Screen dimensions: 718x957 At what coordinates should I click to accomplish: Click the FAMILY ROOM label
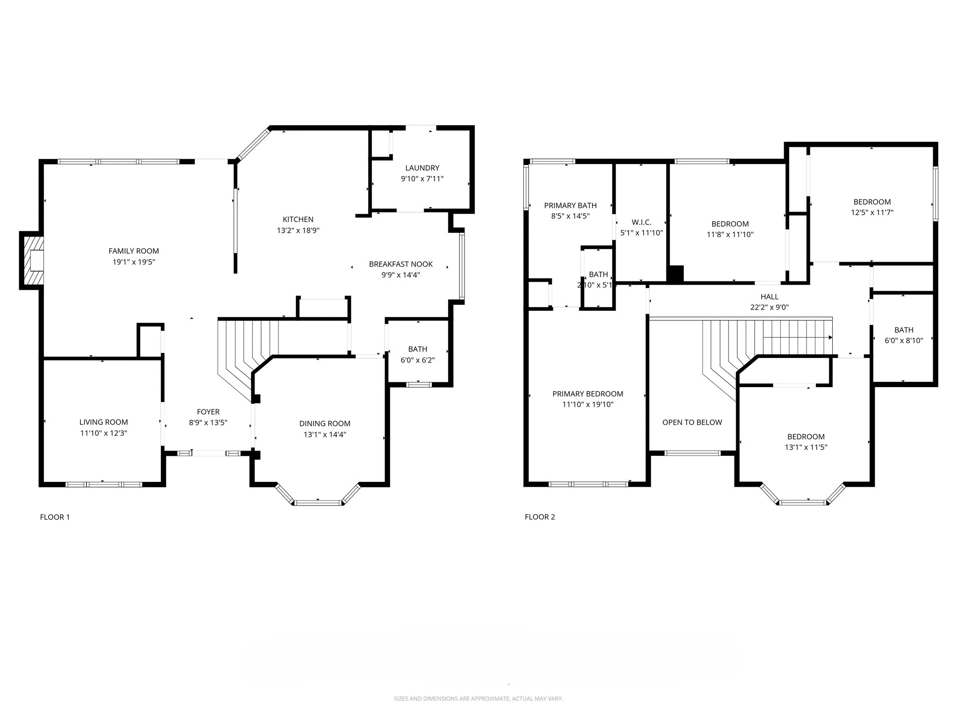[x=134, y=251]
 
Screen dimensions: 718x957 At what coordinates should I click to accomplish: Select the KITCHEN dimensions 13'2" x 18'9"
[x=298, y=230]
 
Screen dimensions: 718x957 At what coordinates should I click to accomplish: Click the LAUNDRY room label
[x=422, y=168]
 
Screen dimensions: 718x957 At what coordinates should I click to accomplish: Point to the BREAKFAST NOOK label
[x=400, y=264]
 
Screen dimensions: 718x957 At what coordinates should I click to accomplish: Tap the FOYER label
[x=208, y=412]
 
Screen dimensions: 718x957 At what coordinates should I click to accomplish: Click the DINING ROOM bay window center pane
[x=318, y=503]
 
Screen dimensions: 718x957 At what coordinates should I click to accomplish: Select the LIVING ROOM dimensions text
[x=103, y=433]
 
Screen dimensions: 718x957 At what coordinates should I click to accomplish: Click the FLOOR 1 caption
[x=55, y=517]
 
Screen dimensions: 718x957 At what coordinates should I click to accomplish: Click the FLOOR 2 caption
[x=540, y=517]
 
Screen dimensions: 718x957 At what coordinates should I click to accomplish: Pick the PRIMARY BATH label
[x=570, y=206]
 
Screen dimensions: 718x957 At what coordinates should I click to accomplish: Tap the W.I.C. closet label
[x=641, y=223]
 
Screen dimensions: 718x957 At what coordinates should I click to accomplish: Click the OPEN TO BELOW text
[x=692, y=423]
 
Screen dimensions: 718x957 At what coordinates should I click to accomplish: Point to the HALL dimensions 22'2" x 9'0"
[x=769, y=308]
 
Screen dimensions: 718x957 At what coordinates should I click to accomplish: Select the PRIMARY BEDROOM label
[x=587, y=394]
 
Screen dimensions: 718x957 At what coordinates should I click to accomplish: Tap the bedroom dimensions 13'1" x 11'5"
[x=806, y=447]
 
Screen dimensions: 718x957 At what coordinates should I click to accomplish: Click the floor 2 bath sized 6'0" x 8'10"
[x=903, y=335]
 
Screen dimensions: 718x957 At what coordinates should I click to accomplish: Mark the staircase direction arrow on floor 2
[x=830, y=337]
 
